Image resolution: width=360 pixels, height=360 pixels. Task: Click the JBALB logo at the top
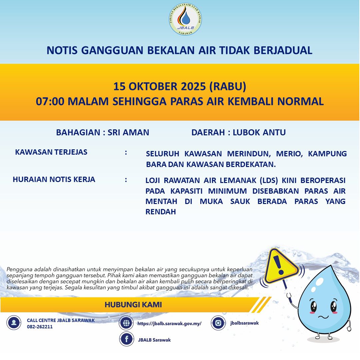[185, 20]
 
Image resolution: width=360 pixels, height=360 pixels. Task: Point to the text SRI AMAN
[128, 132]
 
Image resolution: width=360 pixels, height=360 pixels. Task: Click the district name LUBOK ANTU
[259, 132]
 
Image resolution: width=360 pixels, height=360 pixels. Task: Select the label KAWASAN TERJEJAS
[51, 152]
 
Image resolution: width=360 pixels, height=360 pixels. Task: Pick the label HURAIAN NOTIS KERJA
[54, 180]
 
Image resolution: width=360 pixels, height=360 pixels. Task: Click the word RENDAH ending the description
[161, 212]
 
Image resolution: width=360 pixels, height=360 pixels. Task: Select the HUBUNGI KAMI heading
[133, 305]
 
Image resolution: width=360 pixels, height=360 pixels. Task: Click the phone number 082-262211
[40, 327]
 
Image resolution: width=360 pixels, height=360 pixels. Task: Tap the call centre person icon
[14, 323]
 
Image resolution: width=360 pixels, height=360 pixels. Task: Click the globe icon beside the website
[126, 323]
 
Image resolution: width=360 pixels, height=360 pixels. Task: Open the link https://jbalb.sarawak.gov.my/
[169, 323]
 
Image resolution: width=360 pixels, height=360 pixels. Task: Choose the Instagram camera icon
[218, 323]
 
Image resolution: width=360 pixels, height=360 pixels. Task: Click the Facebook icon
[126, 339]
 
